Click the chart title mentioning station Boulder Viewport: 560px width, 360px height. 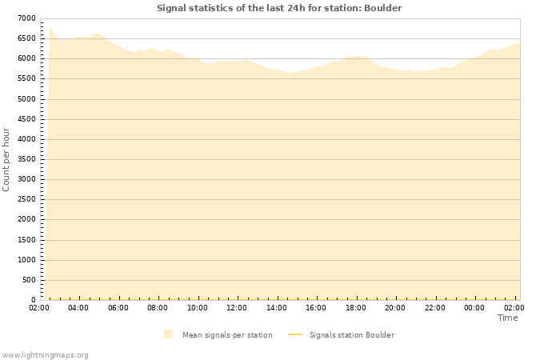[x=279, y=8]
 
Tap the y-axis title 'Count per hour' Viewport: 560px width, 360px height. [x=6, y=159]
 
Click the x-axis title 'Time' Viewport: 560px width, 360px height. [x=507, y=318]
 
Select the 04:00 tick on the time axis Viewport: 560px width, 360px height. [x=78, y=307]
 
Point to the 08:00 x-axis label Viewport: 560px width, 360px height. [x=158, y=307]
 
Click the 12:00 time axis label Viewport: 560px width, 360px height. [x=237, y=307]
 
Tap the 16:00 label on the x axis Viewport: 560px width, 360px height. [x=316, y=307]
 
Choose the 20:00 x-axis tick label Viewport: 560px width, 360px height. [x=395, y=307]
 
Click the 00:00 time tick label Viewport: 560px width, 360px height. [x=474, y=307]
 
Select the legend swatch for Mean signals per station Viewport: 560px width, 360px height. [x=168, y=334]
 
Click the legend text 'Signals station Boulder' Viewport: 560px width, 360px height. [x=351, y=335]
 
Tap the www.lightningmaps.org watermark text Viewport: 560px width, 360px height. [x=45, y=354]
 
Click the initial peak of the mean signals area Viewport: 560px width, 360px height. [x=50, y=30]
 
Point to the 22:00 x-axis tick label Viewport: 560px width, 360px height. [x=435, y=307]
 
